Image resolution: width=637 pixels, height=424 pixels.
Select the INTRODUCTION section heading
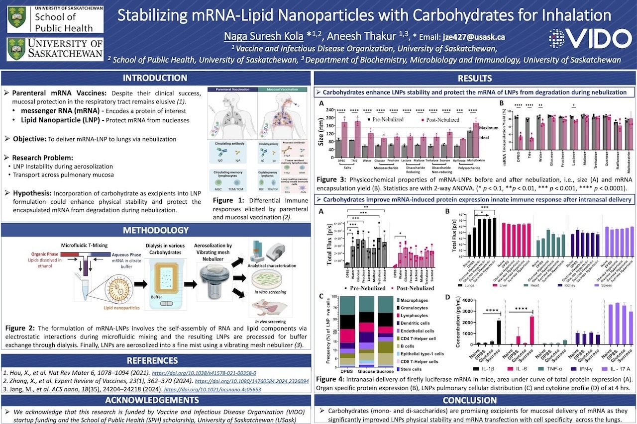click(155, 78)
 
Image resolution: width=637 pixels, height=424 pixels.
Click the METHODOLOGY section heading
click(155, 230)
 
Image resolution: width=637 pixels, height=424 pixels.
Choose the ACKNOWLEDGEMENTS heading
click(155, 400)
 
